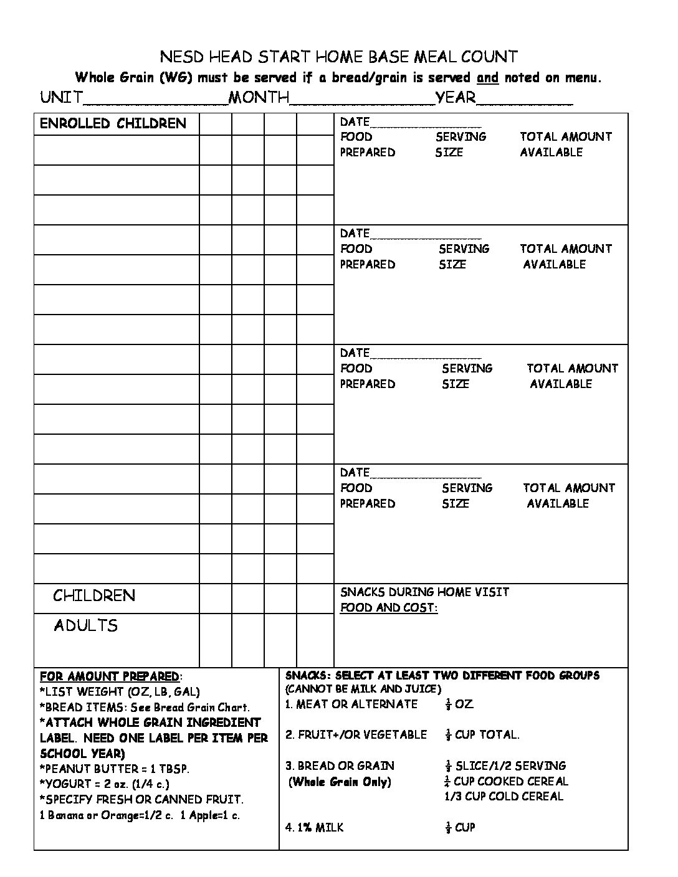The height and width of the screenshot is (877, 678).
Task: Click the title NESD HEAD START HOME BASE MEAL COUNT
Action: [x=339, y=57]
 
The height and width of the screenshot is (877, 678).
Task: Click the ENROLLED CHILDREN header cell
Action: [x=113, y=123]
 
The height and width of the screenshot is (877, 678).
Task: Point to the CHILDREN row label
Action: [x=94, y=595]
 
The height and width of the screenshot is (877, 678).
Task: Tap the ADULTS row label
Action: [x=85, y=625]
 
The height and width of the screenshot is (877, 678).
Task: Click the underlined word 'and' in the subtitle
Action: [x=487, y=78]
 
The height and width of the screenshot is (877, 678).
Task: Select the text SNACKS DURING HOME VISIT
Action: [x=424, y=592]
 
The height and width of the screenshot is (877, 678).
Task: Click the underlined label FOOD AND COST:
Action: [x=389, y=607]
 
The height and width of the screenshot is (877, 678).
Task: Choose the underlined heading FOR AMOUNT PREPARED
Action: [x=109, y=676]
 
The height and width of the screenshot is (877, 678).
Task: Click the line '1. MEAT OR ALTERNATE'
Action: [x=351, y=704]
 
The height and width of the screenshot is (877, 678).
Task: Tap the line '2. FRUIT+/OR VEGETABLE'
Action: [x=356, y=735]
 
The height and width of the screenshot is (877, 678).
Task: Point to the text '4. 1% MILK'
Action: [x=315, y=828]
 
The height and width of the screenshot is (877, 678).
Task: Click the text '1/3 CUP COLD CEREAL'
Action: [x=504, y=797]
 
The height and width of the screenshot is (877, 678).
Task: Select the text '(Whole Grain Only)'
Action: [x=340, y=782]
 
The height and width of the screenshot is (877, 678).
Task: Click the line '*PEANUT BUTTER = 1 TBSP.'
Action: [x=115, y=769]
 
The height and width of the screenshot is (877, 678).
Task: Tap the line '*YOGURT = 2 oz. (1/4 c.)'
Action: [x=104, y=784]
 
